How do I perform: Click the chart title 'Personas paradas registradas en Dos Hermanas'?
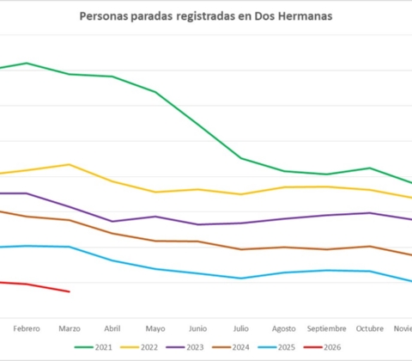coord(206,16)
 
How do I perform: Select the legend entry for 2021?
coord(95,346)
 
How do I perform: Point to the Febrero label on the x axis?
coord(26,328)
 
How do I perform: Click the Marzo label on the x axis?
coord(69,328)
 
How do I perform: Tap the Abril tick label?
coord(112,328)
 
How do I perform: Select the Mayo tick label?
coord(155,328)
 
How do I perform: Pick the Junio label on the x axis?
coord(197,328)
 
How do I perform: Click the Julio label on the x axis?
coord(241,328)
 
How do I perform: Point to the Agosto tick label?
coord(284,328)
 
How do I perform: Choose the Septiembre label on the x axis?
coord(327,328)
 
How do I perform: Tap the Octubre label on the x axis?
coord(370,328)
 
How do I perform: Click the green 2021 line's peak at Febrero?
coord(27,63)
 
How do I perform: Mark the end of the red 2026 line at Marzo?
coord(69,291)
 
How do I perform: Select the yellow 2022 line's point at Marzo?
coord(69,164)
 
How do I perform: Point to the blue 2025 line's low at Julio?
coord(241,278)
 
